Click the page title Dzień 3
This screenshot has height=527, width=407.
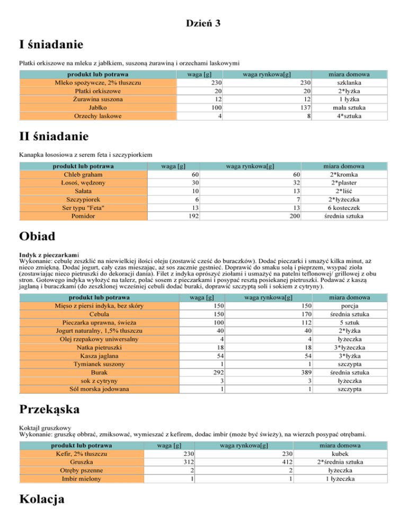[203, 23]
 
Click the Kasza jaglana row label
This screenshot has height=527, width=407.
[98, 356]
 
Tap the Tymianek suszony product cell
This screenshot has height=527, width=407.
[98, 364]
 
